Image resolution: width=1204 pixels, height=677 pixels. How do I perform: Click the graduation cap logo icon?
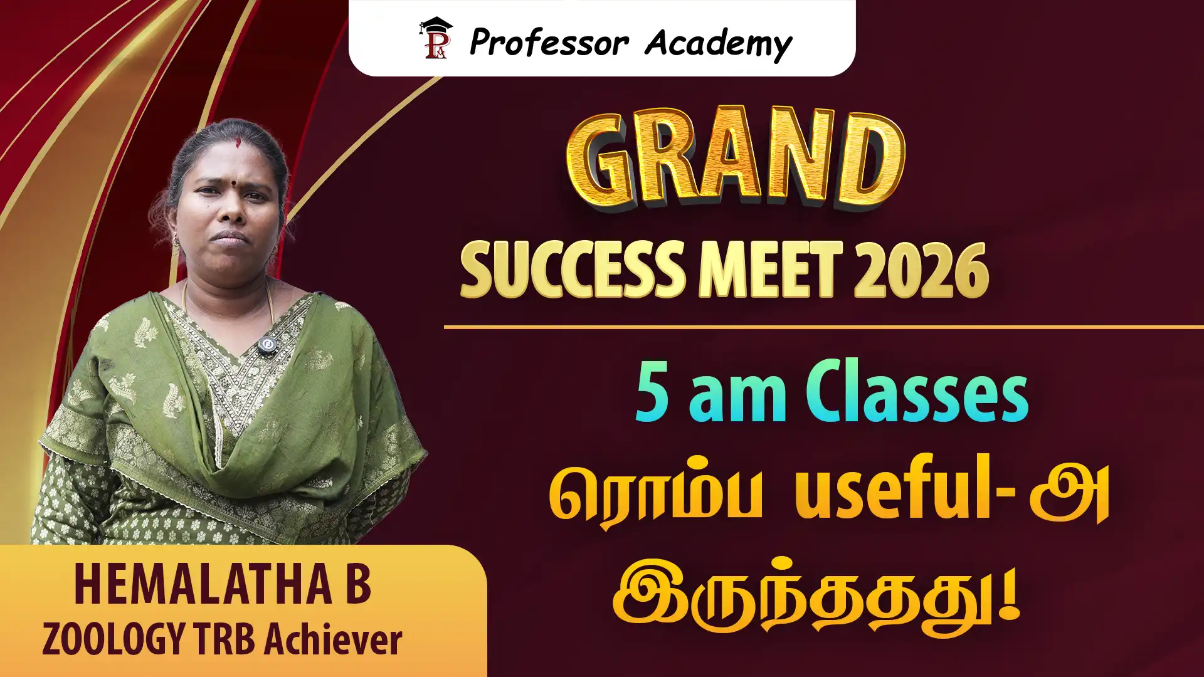436,39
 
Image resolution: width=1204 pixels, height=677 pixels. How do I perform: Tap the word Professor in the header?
549,43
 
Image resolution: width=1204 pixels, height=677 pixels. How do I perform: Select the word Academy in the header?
719,45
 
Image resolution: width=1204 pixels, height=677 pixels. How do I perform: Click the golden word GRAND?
736,159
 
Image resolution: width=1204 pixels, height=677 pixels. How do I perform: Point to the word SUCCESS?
573,270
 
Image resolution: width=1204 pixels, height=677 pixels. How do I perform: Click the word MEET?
771,270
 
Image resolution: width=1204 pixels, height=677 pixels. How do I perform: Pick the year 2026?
921,270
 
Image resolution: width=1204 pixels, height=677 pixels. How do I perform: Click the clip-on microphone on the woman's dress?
268,345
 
